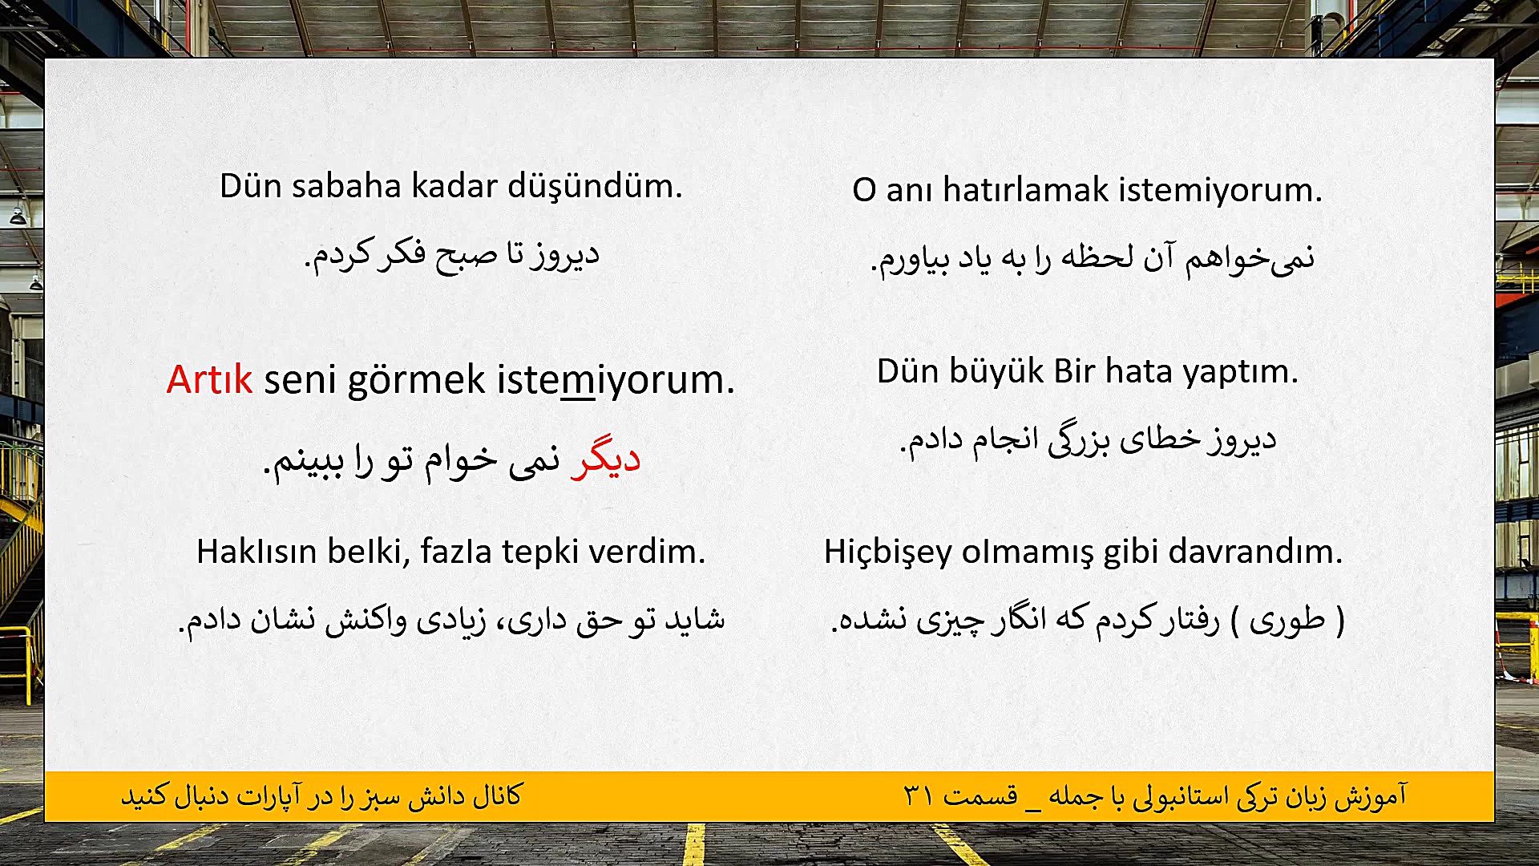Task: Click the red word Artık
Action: pos(209,379)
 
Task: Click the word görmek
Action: pos(416,379)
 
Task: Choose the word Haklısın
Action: pos(254,552)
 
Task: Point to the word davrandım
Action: pos(1255,552)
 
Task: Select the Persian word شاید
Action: pos(694,619)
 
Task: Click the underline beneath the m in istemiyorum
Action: pos(577,399)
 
